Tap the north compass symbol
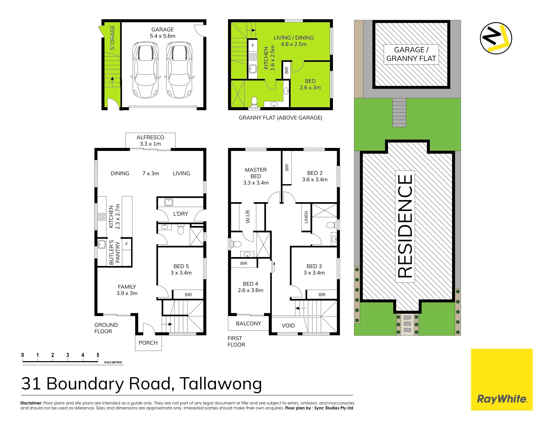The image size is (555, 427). tap(496, 38)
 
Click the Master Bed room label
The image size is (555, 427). tap(256, 173)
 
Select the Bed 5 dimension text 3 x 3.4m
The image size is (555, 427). tap(181, 273)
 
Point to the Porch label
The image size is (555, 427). tap(148, 343)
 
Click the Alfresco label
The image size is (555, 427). tap(150, 137)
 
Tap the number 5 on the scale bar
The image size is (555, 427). tap(98, 355)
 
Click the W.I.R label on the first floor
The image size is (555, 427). tap(248, 217)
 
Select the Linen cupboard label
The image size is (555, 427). tap(306, 217)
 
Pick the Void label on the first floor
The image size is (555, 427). tap(288, 326)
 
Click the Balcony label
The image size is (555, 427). tap(248, 323)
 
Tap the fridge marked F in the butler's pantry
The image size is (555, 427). tap(126, 244)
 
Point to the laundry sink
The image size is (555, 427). tap(169, 202)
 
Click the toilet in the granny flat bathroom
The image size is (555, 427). tap(254, 102)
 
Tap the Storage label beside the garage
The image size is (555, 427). tap(112, 38)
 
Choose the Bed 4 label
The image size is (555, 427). tap(251, 284)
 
